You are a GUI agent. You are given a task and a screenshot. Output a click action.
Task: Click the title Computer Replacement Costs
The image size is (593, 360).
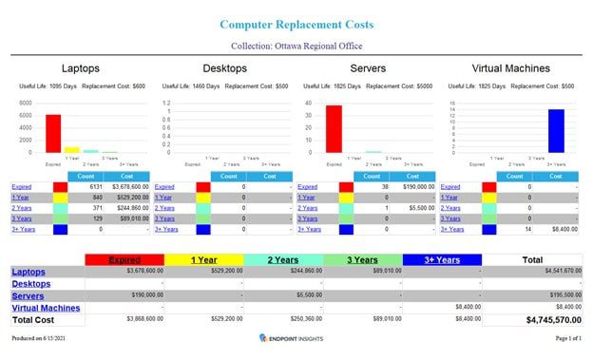pyautogui.click(x=296, y=24)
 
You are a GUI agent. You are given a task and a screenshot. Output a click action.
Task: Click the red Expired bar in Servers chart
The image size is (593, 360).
pyautogui.click(x=334, y=128)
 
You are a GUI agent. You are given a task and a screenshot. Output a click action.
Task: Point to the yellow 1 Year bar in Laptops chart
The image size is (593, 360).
pyautogui.click(x=72, y=149)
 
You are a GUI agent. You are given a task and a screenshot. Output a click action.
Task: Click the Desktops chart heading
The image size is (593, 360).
pyautogui.click(x=225, y=68)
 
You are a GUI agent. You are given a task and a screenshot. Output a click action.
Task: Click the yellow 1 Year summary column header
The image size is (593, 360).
pyautogui.click(x=204, y=259)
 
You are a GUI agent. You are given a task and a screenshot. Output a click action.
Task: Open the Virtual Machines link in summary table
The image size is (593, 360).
pyautogui.click(x=46, y=308)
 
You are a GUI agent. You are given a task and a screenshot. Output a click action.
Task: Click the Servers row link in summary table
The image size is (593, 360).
pyautogui.click(x=28, y=295)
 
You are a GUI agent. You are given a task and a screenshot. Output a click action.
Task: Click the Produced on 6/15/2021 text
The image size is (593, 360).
pyautogui.click(x=40, y=338)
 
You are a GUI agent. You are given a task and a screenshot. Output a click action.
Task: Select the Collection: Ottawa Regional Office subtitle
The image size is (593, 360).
pyautogui.click(x=296, y=46)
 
